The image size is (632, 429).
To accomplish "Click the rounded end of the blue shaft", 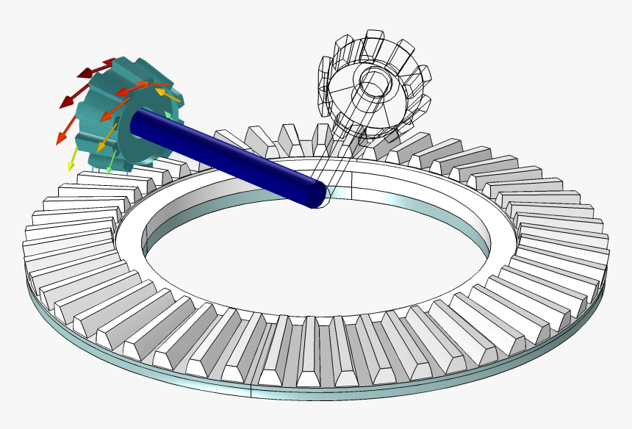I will (317, 193).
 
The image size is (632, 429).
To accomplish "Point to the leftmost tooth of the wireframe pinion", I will (326, 73).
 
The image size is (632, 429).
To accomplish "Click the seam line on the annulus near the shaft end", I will (352, 187).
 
